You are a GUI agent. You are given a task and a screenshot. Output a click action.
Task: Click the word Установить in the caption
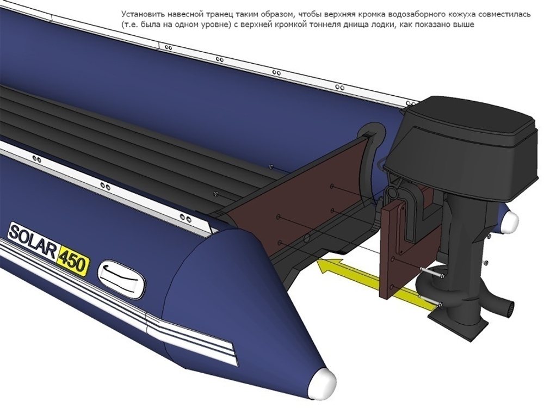pos(137,14)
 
